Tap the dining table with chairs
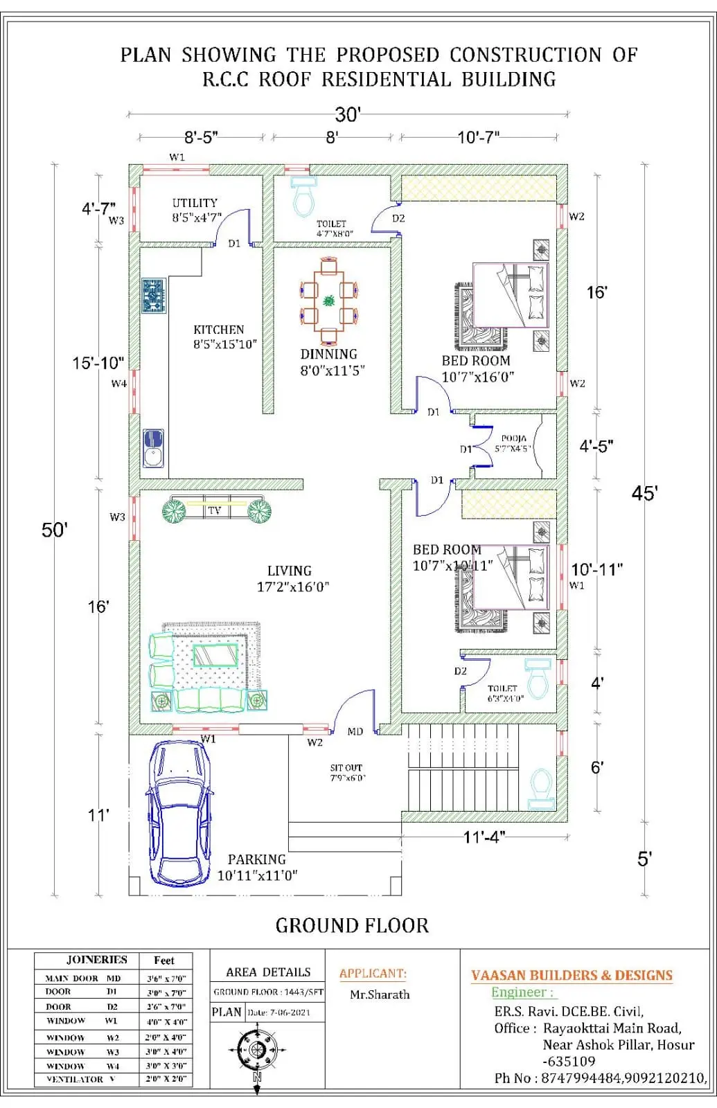[x=328, y=301]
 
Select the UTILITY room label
[x=195, y=203]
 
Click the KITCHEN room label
[x=218, y=330]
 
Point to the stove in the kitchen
[x=154, y=295]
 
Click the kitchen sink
[x=153, y=447]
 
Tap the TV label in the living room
[x=214, y=510]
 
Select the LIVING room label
[x=290, y=571]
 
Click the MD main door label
[x=355, y=731]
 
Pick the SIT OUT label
[x=346, y=767]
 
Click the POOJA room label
[x=513, y=438]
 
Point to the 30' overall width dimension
[x=348, y=114]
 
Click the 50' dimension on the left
[x=55, y=530]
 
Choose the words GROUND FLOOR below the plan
[x=352, y=925]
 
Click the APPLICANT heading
[x=373, y=973]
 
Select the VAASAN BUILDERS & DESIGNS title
[x=572, y=975]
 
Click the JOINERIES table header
[x=96, y=960]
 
